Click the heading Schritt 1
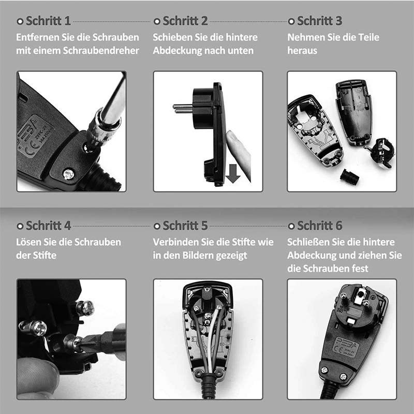(x=48, y=21)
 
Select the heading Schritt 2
(x=185, y=21)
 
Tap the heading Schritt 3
(x=319, y=21)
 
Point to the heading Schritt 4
(x=48, y=226)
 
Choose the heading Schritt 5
(x=185, y=226)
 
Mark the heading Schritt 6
(x=319, y=226)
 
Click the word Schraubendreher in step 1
(x=101, y=50)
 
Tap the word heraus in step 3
(x=302, y=50)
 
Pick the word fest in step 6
(x=360, y=269)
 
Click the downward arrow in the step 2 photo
(x=232, y=173)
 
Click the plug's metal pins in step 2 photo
(x=183, y=108)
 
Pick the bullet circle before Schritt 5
(x=157, y=226)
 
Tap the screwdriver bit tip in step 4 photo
(x=78, y=344)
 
